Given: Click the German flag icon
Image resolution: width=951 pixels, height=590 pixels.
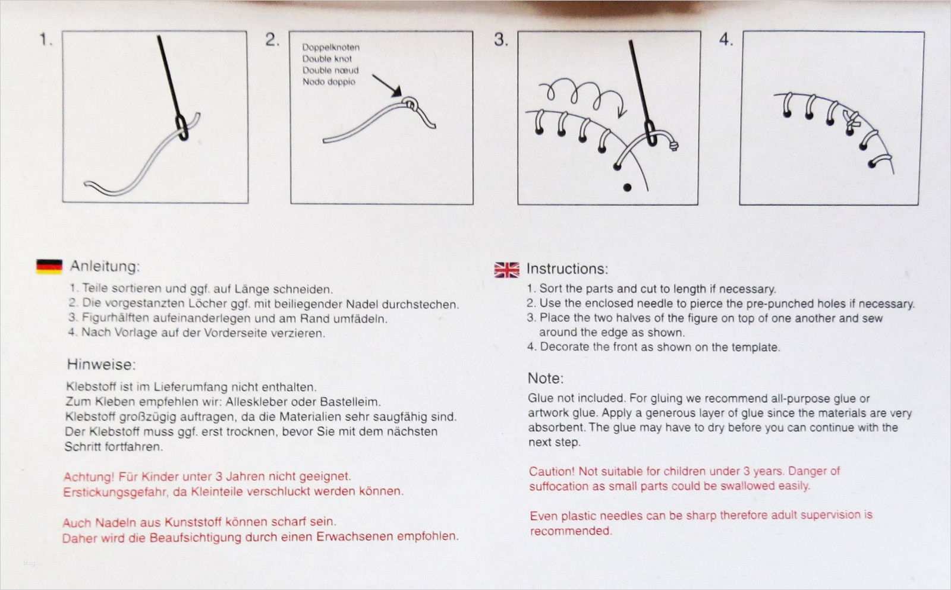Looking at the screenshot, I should tap(49, 266).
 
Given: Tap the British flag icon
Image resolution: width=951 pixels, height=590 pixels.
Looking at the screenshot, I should tap(506, 270).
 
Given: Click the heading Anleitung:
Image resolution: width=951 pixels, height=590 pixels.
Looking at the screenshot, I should tap(105, 266).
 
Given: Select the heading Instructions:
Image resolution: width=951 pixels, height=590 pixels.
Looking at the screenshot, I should tap(567, 269).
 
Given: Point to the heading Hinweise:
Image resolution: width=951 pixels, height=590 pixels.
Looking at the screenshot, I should tap(101, 364).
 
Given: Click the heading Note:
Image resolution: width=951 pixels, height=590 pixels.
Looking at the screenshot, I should tap(545, 378).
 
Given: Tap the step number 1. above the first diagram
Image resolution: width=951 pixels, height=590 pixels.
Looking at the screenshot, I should tap(46, 40).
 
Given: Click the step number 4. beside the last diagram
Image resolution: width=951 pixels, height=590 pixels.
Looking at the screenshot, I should tap(726, 40).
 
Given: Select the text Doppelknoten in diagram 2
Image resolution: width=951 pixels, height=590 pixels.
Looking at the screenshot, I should tap(330, 47).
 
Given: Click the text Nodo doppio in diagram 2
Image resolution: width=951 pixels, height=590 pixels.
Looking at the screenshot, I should tap(329, 81).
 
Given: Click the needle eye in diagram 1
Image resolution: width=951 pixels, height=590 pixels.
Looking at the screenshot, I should tap(182, 128).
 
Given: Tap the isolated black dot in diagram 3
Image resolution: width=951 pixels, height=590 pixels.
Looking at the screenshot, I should tap(627, 187).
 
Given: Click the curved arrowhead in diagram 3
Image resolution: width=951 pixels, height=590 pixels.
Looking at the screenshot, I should tap(621, 112).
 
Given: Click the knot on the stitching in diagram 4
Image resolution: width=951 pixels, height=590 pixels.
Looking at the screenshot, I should tap(852, 119).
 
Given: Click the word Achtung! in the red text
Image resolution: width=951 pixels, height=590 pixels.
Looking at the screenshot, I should tap(88, 477).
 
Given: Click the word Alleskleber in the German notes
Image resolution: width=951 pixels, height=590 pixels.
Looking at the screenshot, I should tap(257, 402).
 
